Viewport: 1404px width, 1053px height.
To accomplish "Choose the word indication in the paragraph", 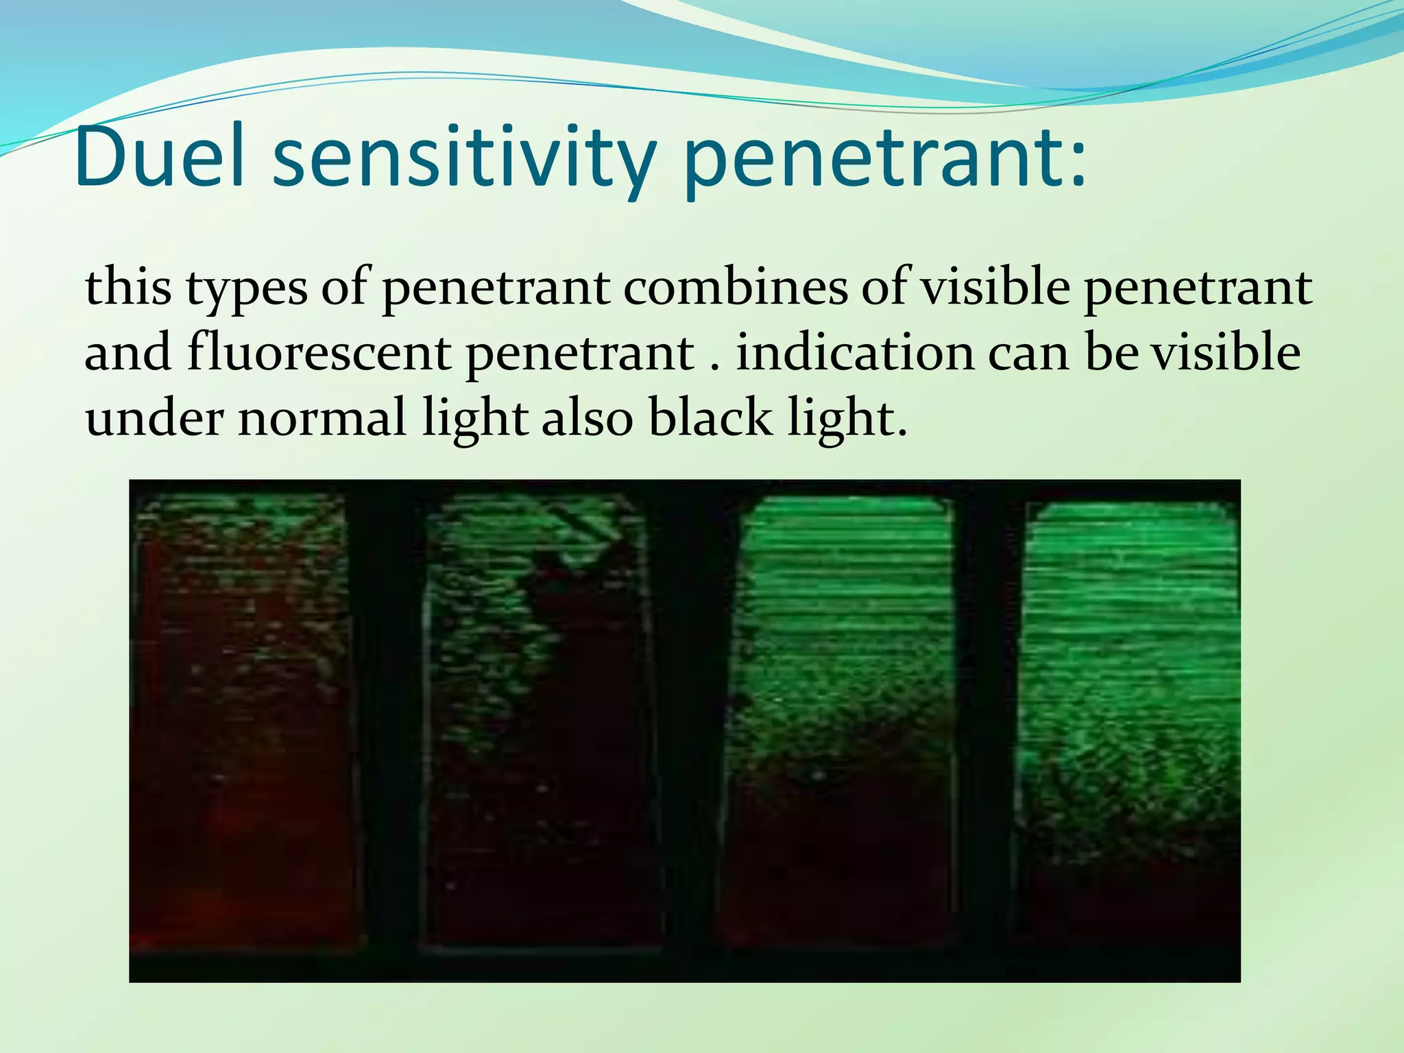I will click(855, 353).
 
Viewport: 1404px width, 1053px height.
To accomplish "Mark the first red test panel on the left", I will click(243, 727).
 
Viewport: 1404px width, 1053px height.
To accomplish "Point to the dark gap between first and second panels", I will click(388, 727).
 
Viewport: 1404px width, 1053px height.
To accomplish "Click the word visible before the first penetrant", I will click(995, 288).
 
